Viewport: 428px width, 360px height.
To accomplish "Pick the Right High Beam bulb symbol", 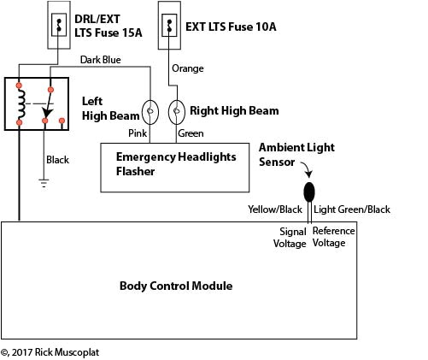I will click(x=177, y=109).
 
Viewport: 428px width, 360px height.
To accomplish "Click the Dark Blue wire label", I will click(x=100, y=60).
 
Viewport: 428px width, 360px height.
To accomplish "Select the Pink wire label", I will click(x=138, y=133).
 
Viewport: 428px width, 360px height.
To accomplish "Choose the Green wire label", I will click(x=190, y=133).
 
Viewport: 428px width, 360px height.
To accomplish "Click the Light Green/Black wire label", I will click(x=352, y=209).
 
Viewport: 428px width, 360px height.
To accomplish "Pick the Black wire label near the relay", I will click(x=57, y=160).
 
